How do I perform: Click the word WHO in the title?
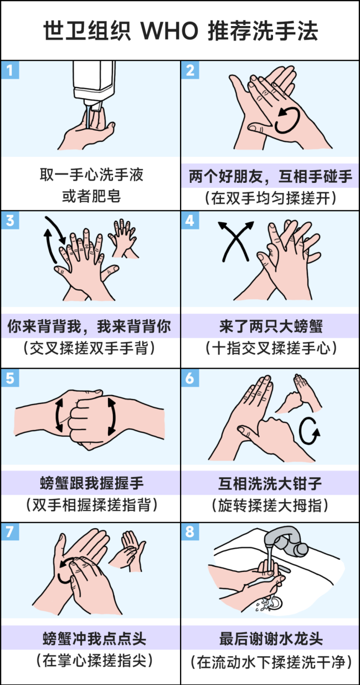[x=169, y=31]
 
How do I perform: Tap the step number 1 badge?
[x=10, y=70]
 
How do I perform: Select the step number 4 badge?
[x=190, y=220]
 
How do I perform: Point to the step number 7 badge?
[x=10, y=531]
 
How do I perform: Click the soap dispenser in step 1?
[x=94, y=85]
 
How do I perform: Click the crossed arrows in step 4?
[x=235, y=241]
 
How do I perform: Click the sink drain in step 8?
[x=274, y=604]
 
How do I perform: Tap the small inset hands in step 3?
[x=123, y=238]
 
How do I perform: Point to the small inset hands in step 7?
[x=128, y=551]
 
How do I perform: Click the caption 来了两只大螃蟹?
[x=271, y=326]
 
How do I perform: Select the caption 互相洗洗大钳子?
[x=270, y=484]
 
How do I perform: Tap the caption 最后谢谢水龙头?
[x=271, y=639]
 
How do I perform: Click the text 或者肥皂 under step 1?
[x=91, y=196]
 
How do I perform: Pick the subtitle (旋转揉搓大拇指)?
[x=270, y=505]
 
